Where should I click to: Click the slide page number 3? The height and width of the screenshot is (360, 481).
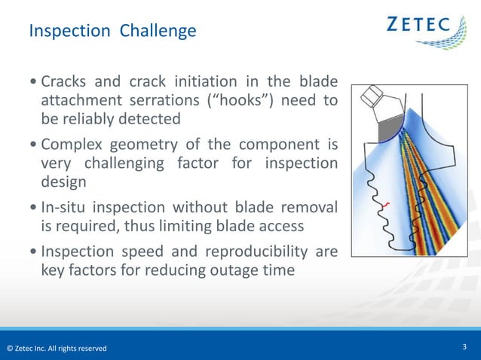point(465,347)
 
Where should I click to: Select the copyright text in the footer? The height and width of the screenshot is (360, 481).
point(57,348)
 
